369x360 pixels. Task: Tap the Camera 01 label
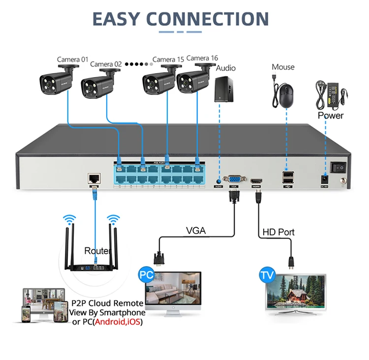[x=72, y=60]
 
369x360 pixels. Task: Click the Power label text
[x=331, y=116]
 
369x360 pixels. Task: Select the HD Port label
[x=278, y=232]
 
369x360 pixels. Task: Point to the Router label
[x=97, y=251]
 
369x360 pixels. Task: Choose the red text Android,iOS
[x=118, y=322]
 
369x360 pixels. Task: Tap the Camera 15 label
[x=168, y=60]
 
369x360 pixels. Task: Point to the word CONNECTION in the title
[x=208, y=19]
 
